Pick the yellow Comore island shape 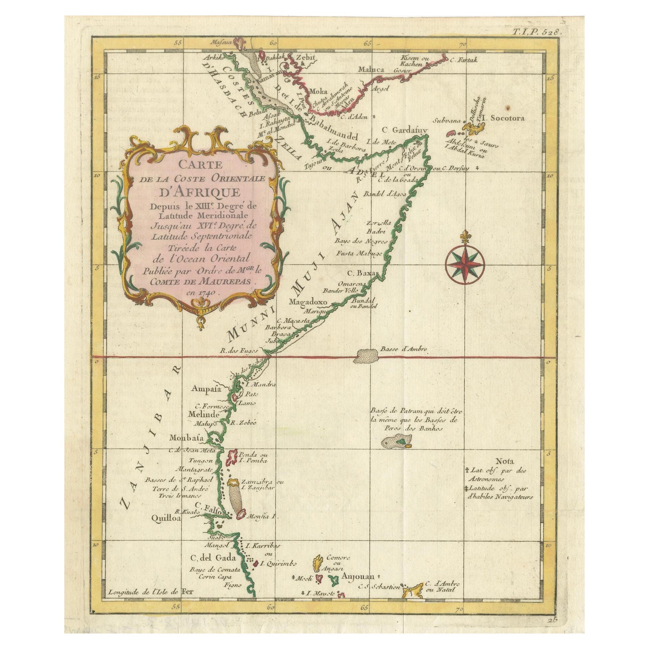pyautogui.click(x=318, y=563)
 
